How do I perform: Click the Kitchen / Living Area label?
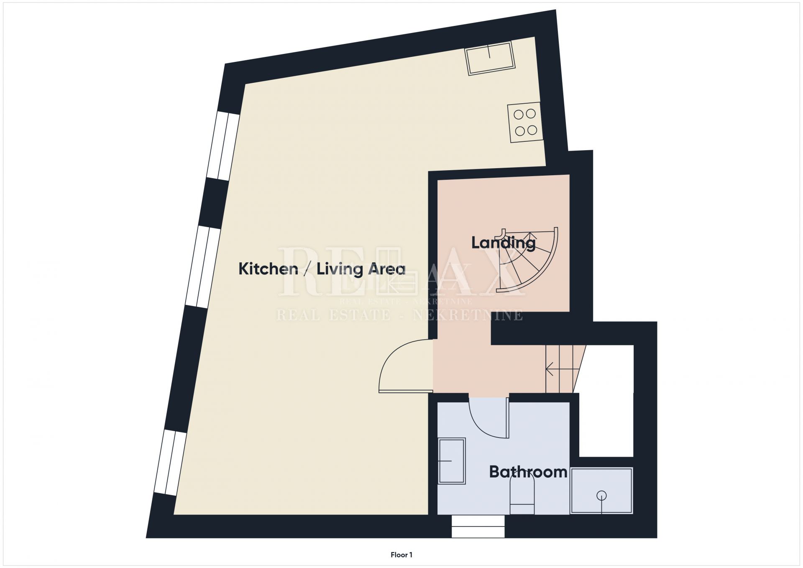pyautogui.click(x=322, y=269)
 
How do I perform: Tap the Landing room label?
pyautogui.click(x=503, y=243)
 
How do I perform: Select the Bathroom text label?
pyautogui.click(x=528, y=472)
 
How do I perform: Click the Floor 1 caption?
pyautogui.click(x=401, y=555)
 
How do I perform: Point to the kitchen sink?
pyautogui.click(x=490, y=58)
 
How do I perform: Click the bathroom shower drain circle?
pyautogui.click(x=601, y=496)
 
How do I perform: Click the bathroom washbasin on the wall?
pyautogui.click(x=452, y=461)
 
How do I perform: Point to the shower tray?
pyautogui.click(x=601, y=491)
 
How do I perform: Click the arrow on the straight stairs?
pyautogui.click(x=563, y=369)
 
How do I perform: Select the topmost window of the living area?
pyautogui.click(x=223, y=146)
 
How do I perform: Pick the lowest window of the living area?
pyautogui.click(x=170, y=463)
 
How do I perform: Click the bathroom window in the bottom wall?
pyautogui.click(x=478, y=526)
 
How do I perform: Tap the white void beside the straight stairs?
pyautogui.click(x=606, y=401)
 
